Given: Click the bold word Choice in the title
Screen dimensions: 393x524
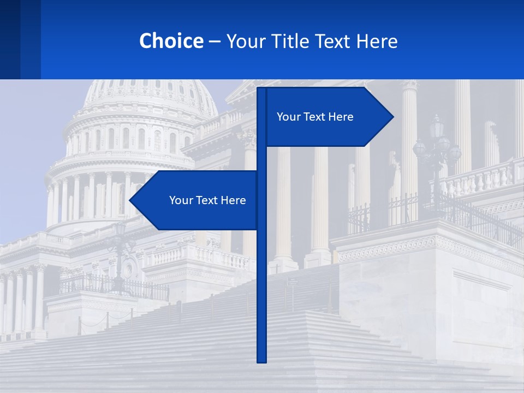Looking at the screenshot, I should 171,41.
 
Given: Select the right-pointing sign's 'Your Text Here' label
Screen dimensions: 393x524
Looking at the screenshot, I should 315,117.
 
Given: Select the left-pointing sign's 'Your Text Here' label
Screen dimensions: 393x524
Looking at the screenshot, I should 207,200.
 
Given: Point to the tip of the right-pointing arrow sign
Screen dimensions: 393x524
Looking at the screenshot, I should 392,116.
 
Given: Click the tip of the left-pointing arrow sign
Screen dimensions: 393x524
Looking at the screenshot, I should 130,200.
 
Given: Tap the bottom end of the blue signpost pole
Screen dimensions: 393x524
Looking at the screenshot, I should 261,360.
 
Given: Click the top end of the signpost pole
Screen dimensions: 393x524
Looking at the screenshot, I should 261,90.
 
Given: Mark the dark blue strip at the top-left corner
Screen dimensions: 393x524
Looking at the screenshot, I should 20,39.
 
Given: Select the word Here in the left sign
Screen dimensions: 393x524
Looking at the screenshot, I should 233,200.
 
